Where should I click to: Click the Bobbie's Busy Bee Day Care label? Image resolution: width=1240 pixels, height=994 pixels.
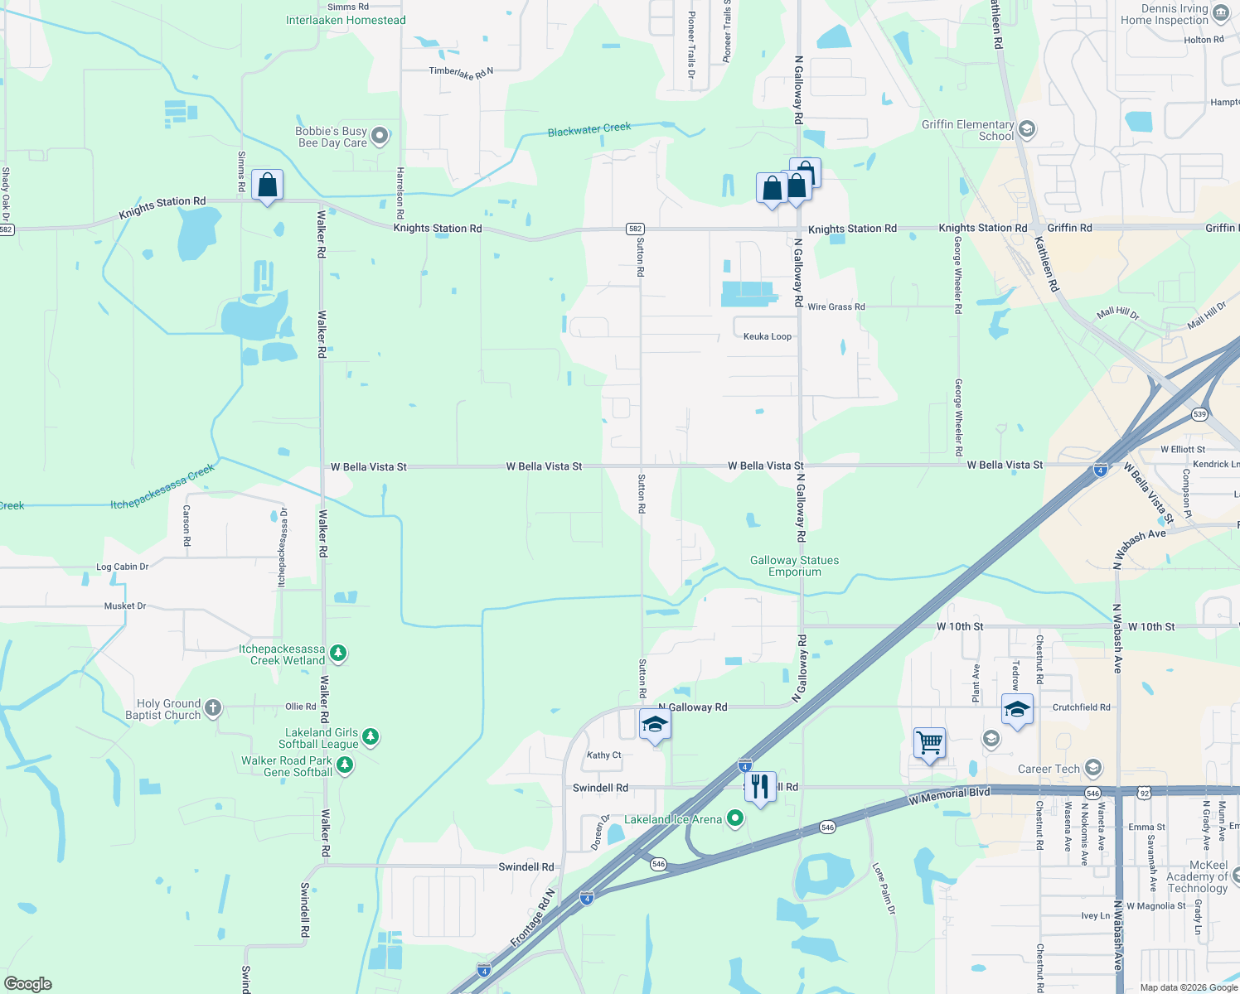[x=332, y=137]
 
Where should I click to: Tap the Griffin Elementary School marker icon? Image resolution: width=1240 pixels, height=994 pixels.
[x=1027, y=129]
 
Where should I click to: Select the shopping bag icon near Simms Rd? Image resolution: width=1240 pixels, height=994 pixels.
[x=267, y=185]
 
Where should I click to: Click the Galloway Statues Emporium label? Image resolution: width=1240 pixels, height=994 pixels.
[x=794, y=566]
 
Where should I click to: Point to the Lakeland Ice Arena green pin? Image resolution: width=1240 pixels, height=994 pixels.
[x=734, y=818]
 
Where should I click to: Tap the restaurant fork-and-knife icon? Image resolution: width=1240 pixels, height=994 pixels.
[x=760, y=786]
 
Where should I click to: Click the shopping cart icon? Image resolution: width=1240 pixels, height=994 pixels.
[x=929, y=742]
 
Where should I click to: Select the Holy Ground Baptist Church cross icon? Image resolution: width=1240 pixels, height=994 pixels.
[x=213, y=707]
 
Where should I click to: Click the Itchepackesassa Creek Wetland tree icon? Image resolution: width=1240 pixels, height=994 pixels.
[x=337, y=654]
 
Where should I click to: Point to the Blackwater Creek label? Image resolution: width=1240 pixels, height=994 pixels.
[x=589, y=129]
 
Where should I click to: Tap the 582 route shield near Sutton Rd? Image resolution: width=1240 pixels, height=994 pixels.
[x=635, y=229]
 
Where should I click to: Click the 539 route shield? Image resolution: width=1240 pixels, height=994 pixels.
[x=1199, y=413]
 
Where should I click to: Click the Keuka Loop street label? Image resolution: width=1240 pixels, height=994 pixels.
[x=767, y=336]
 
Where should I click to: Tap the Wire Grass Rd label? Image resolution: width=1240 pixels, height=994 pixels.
[x=836, y=306]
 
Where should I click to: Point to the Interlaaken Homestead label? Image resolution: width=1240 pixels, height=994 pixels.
[x=346, y=20]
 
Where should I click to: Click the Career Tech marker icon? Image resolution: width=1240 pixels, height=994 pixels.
[x=1093, y=768]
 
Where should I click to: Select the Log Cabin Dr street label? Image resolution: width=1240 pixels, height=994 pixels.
[x=122, y=567]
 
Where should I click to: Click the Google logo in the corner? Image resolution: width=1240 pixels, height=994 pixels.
[x=28, y=984]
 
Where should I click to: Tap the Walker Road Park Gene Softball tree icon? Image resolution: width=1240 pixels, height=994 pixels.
[x=345, y=765]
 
